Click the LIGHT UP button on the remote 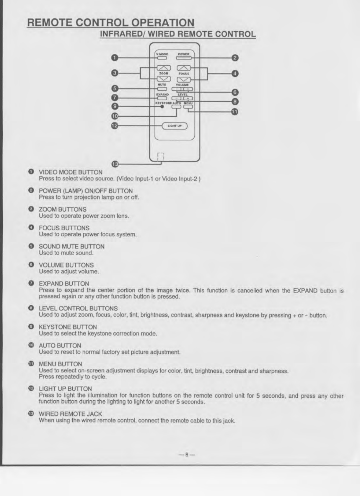click(175, 126)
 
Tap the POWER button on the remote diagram click(184, 58)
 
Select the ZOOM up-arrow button click(164, 68)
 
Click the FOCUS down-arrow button click(184, 79)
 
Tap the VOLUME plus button click(188, 89)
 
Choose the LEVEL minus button click(177, 98)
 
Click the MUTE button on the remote click(162, 89)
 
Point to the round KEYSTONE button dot click(162, 107)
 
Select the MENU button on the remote click(188, 107)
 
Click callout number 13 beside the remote click(115, 164)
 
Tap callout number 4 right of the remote click(234, 73)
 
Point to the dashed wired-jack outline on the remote click(160, 156)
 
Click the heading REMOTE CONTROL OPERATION click(110, 23)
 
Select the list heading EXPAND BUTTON click(64, 284)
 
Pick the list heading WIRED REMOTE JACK click(70, 414)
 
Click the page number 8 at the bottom click(187, 455)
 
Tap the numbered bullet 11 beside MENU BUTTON click(31, 364)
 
